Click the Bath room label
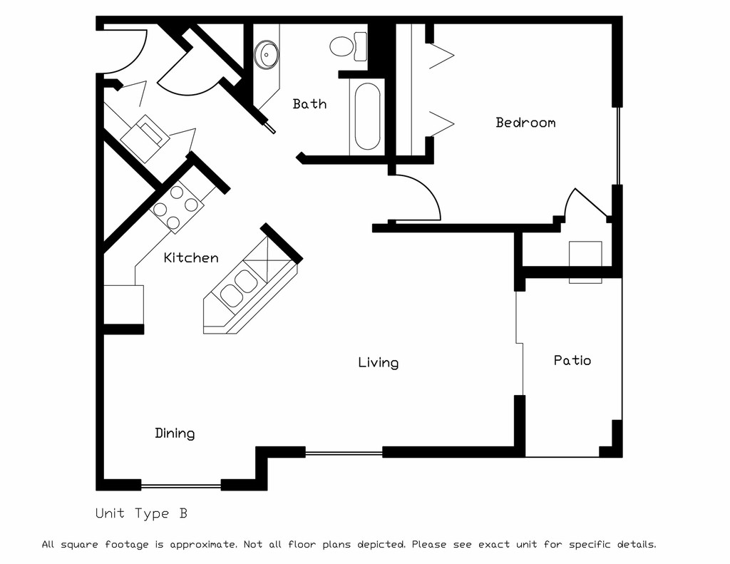(x=309, y=104)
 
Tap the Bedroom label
(x=525, y=123)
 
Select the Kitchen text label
(x=191, y=257)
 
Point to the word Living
(x=378, y=363)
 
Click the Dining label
(x=175, y=434)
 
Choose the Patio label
(x=572, y=360)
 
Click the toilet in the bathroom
(x=346, y=47)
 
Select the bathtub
(x=367, y=116)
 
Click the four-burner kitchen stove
(x=175, y=206)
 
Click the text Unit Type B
(x=141, y=513)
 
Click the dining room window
(x=180, y=486)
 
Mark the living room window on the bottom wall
(x=344, y=451)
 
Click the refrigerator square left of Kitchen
(x=123, y=304)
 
